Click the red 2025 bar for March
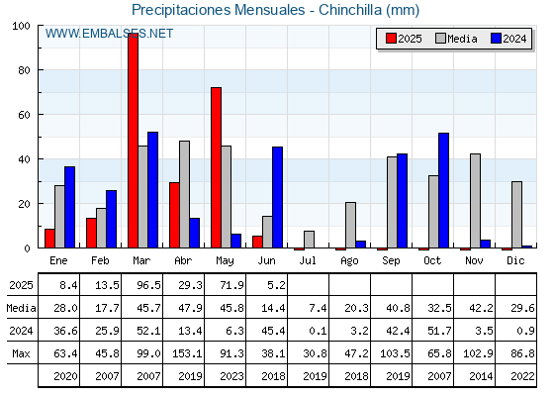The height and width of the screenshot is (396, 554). (134, 141)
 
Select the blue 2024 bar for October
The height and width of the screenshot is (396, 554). (444, 190)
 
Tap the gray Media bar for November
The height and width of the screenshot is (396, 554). (475, 201)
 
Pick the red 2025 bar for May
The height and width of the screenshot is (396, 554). (217, 167)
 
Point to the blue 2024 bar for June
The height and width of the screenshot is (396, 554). (277, 197)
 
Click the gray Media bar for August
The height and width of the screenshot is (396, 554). (350, 225)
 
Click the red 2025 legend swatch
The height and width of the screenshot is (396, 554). (391, 39)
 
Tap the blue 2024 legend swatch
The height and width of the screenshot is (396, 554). (496, 39)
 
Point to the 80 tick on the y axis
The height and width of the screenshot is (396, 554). (24, 70)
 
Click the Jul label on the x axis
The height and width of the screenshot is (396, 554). (308, 260)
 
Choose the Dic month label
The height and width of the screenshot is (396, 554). (515, 260)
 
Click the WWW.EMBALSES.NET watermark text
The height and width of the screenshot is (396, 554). (109, 34)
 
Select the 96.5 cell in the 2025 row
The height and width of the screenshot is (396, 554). (148, 285)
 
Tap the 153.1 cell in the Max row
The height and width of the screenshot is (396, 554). (187, 353)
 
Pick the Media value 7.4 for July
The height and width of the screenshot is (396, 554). (318, 308)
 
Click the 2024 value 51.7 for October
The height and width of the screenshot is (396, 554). (439, 331)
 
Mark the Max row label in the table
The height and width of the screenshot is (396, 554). (21, 353)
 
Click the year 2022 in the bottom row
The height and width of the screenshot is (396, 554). (522, 376)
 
